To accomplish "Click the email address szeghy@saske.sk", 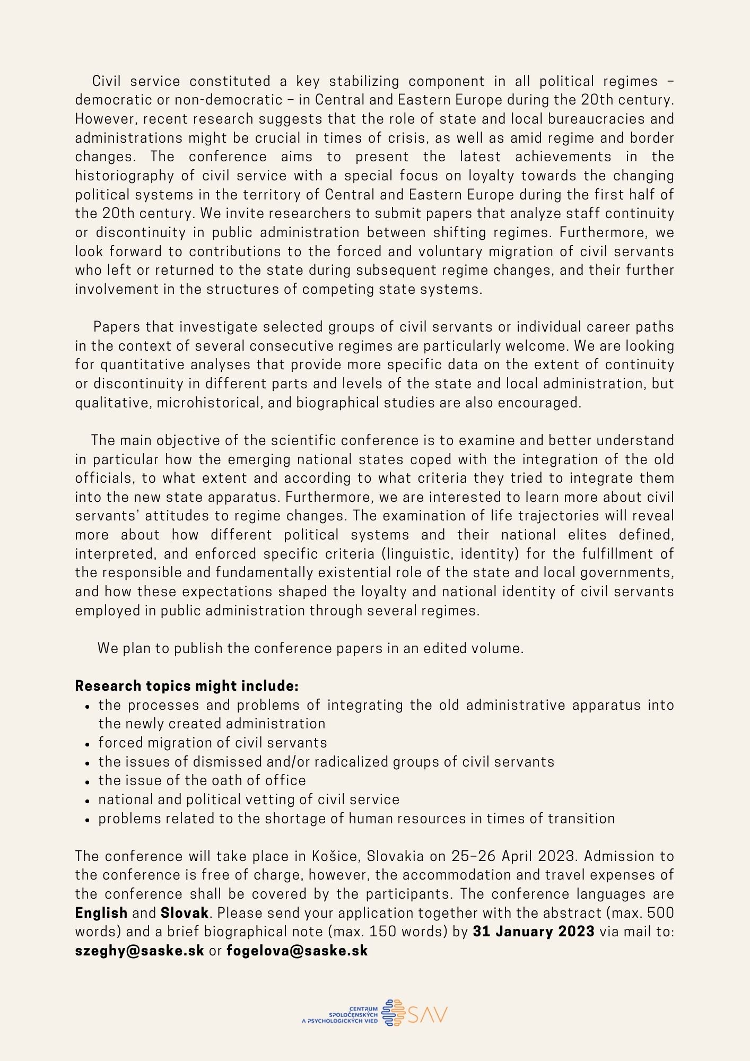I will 139,951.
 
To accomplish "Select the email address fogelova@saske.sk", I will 297,951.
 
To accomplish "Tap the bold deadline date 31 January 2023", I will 533,932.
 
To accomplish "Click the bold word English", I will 101,913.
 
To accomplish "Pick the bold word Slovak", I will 184,913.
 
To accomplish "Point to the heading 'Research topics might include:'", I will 187,686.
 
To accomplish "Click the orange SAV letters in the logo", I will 428,1014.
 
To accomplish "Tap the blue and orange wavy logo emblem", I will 393,1013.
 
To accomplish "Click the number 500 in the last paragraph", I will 660,913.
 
